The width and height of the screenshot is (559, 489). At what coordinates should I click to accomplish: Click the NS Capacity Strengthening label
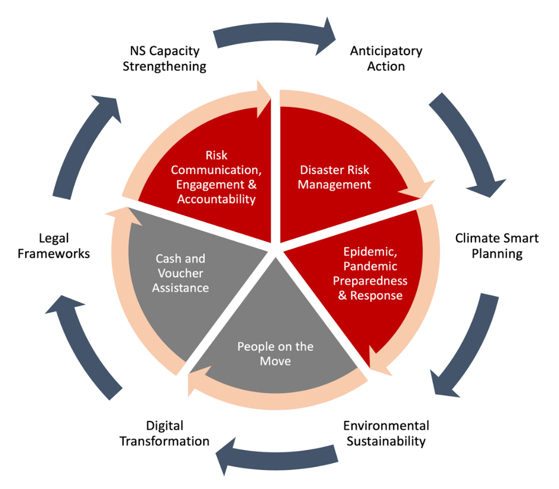[165, 59]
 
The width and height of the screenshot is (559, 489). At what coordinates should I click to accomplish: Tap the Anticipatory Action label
[386, 59]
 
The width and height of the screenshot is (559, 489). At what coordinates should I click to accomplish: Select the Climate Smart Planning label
[497, 246]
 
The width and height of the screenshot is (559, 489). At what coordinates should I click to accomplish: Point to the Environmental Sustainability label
[386, 433]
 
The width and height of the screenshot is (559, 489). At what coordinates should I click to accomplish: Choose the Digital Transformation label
[165, 433]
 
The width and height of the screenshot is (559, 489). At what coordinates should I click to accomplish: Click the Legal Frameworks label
[54, 246]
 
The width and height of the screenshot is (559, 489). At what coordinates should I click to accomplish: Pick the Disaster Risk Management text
[334, 177]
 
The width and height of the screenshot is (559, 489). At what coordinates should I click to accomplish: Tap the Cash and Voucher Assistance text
[180, 273]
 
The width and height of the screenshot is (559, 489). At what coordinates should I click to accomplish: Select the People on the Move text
[275, 354]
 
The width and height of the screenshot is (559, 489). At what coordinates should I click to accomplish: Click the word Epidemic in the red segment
[370, 251]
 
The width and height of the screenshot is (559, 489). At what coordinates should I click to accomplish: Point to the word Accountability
[216, 199]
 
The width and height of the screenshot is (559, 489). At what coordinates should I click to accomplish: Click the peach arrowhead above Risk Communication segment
[264, 99]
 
